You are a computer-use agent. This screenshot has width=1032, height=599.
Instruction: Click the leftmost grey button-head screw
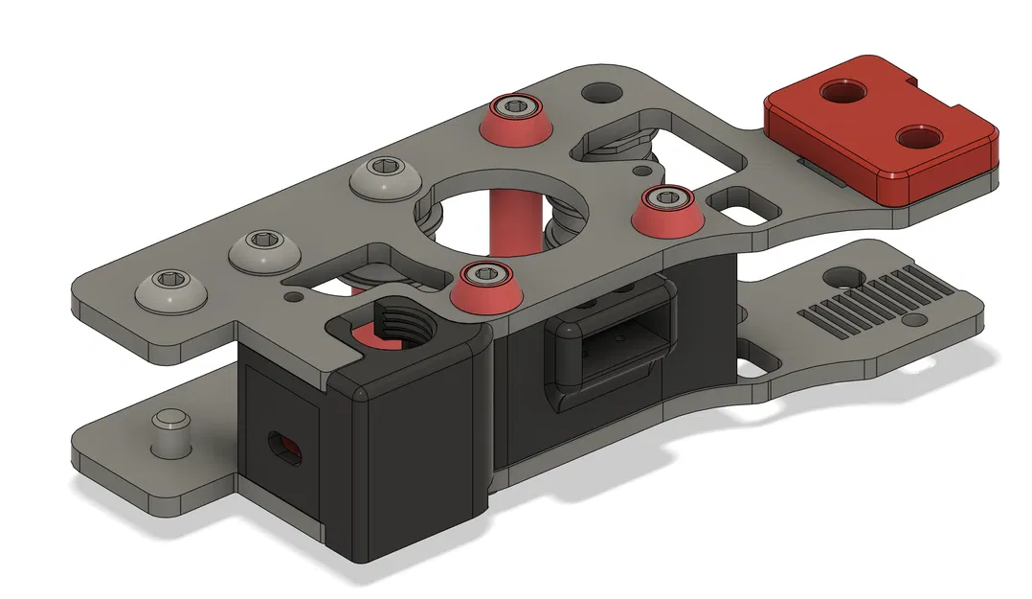coord(172,288)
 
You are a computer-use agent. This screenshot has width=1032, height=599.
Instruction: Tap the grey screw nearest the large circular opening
coord(383,177)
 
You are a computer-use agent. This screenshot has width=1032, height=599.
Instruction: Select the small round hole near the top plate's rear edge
coord(601,93)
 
